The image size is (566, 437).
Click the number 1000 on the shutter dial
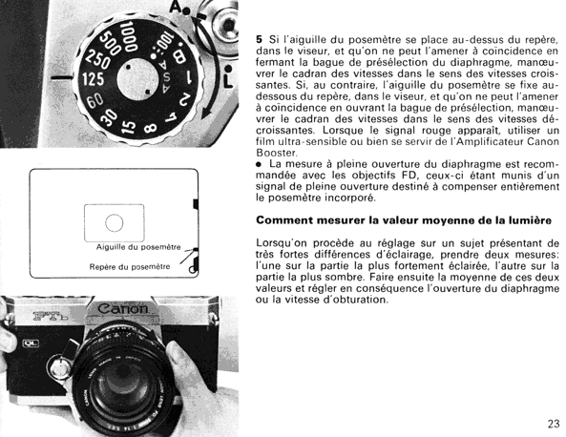pyautogui.click(x=129, y=35)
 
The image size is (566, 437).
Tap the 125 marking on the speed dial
pyautogui.click(x=94, y=79)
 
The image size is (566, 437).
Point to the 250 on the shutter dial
pyautogui.click(x=97, y=59)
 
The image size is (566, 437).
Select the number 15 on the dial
pyautogui.click(x=129, y=125)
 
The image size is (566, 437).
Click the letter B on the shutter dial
pyautogui.click(x=179, y=56)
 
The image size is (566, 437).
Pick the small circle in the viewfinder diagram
pyautogui.click(x=115, y=222)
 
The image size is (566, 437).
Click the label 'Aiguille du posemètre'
pyautogui.click(x=138, y=247)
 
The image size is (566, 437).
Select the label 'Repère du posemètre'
pyautogui.click(x=130, y=266)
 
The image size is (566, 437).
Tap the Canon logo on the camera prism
pyautogui.click(x=123, y=309)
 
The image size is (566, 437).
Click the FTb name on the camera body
pyautogui.click(x=50, y=316)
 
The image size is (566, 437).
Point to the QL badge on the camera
pyautogui.click(x=31, y=343)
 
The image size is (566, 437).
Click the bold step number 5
pyautogui.click(x=259, y=39)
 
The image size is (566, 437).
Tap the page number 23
pyautogui.click(x=554, y=424)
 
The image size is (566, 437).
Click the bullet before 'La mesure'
pyautogui.click(x=258, y=164)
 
